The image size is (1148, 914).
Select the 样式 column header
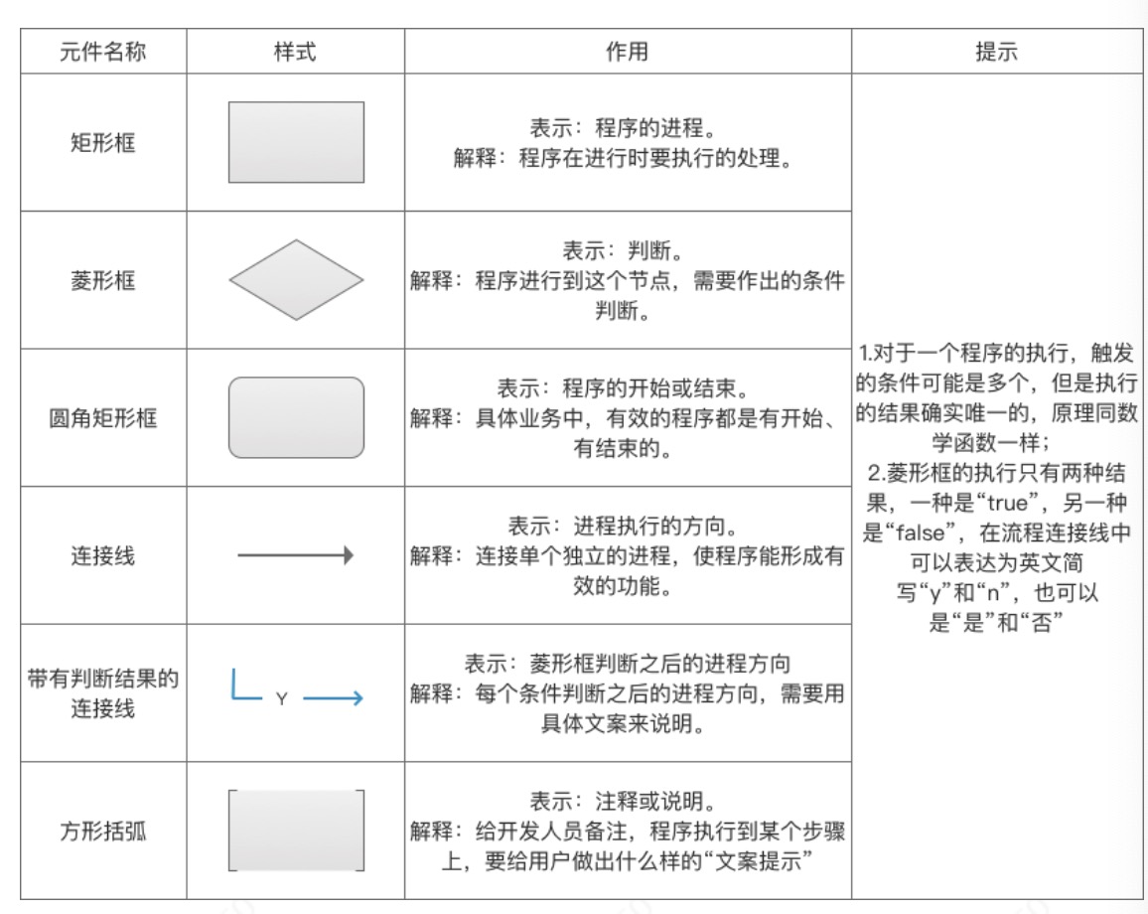pos(296,53)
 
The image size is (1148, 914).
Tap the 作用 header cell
pos(628,53)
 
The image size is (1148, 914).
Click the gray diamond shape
pos(296,280)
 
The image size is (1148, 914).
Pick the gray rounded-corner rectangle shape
pos(296,417)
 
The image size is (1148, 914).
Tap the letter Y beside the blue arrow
pos(281,699)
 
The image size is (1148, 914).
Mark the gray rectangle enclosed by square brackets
pos(296,831)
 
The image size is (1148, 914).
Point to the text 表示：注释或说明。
pos(628,801)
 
